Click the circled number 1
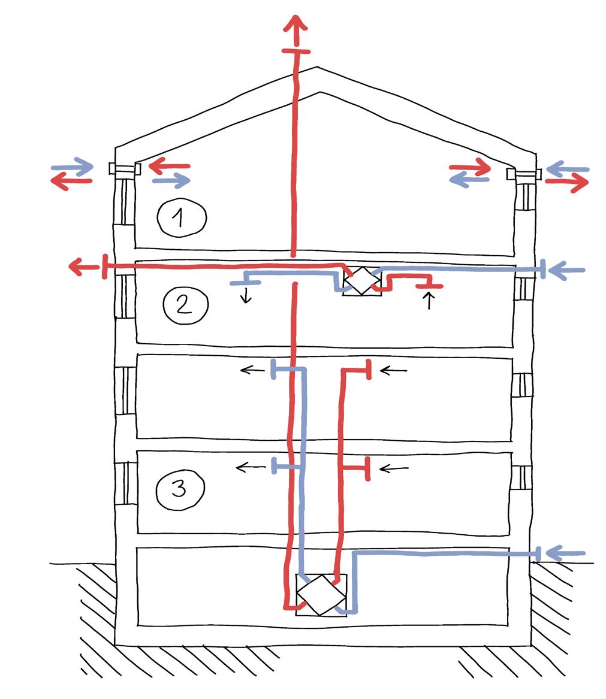coord(182,217)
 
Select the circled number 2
coord(185,304)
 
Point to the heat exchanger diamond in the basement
coord(321,594)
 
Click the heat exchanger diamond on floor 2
coord(361,280)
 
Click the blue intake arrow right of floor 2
coord(566,271)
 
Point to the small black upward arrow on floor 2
coord(429,300)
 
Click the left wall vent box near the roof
coord(125,169)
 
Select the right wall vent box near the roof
coord(524,174)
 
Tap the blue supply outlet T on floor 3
coord(275,465)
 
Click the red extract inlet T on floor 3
coord(367,468)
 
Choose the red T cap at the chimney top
coord(296,53)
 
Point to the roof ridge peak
coord(318,68)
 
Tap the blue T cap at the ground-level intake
coord(539,554)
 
